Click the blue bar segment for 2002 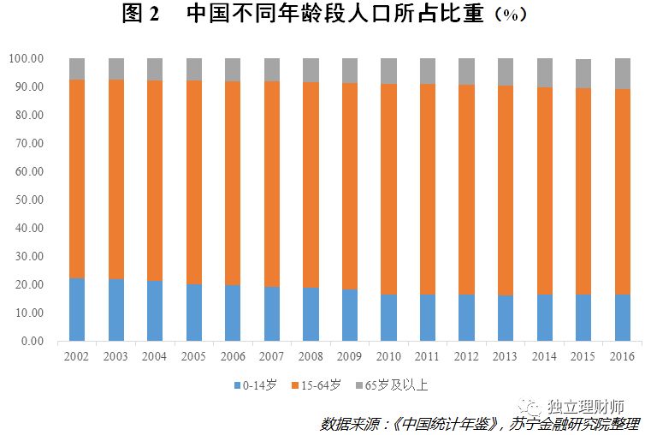(x=77, y=309)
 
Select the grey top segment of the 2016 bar (x=623, y=74)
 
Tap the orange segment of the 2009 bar (x=350, y=186)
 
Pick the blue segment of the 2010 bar (x=388, y=318)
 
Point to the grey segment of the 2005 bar (x=194, y=69)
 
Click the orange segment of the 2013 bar (x=506, y=191)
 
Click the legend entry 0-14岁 (x=256, y=385)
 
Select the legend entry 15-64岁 (x=317, y=385)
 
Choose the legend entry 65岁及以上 (x=392, y=385)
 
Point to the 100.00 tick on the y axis (x=26, y=58)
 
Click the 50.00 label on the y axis (x=29, y=200)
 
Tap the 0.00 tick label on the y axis (x=33, y=341)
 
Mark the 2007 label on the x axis (x=271, y=356)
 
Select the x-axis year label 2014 (x=544, y=356)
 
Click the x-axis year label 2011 (x=428, y=356)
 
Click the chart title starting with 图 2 (x=324, y=13)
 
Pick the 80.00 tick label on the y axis (x=29, y=115)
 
